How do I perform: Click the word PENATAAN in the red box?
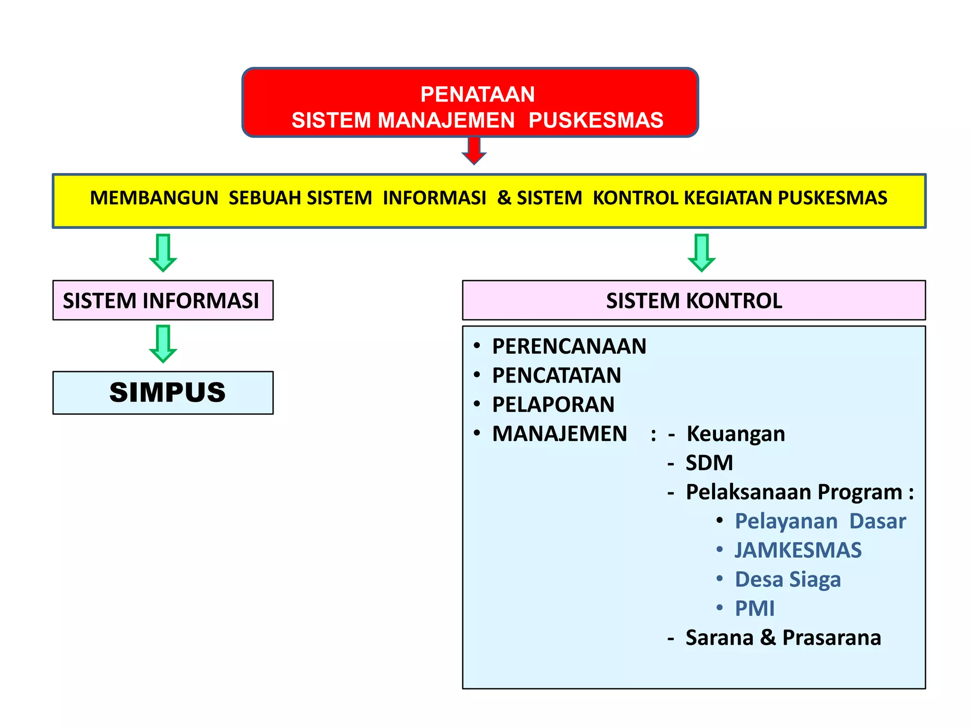[477, 94]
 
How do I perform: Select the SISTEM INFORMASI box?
[163, 300]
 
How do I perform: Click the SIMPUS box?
[163, 392]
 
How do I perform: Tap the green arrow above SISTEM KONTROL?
[701, 253]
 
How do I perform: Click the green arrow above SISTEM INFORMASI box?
[163, 253]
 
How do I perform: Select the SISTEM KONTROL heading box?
[694, 300]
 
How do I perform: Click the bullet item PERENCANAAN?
[569, 346]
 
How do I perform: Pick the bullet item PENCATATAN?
[556, 375]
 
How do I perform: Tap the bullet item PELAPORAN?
[553, 405]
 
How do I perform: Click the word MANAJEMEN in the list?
[559, 434]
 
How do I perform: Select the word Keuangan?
[735, 434]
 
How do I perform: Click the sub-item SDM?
[709, 463]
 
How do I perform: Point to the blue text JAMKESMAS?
[798, 550]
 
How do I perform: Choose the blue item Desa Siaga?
[788, 580]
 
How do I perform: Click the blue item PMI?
[754, 609]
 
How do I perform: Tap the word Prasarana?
[832, 638]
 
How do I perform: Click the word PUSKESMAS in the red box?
[595, 120]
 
